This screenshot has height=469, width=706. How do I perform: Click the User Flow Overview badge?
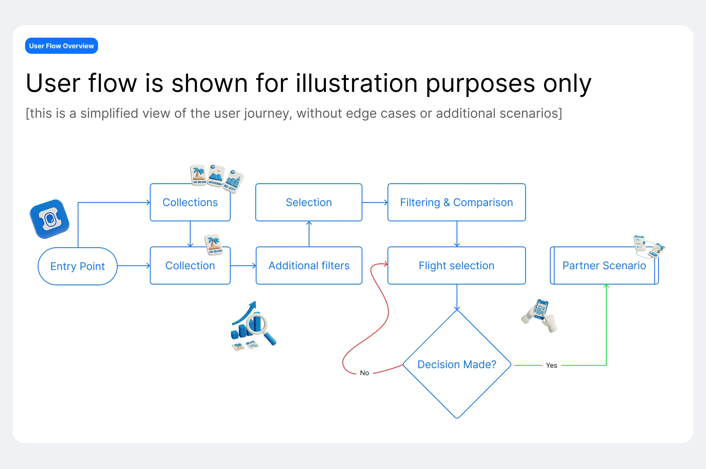[x=62, y=46]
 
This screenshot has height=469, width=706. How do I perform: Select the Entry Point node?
[x=78, y=266]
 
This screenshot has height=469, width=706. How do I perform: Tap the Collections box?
[x=190, y=203]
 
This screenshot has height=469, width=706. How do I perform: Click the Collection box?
[x=190, y=266]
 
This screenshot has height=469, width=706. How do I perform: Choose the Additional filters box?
[x=309, y=266]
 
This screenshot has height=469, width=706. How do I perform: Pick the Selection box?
[x=309, y=203]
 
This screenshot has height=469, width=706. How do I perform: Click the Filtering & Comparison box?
[x=457, y=203]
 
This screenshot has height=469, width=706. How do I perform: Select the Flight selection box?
[x=457, y=266]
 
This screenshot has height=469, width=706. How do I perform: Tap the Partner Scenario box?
[x=604, y=266]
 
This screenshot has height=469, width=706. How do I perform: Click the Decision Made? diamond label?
[x=457, y=365]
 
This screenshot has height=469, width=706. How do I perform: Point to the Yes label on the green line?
[x=551, y=365]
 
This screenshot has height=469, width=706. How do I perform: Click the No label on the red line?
[x=364, y=373]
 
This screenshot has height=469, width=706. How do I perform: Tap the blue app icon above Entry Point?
[x=49, y=219]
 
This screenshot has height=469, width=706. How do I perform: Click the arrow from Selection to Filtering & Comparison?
[x=375, y=203]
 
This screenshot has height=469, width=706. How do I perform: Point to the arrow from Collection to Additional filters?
[x=243, y=266]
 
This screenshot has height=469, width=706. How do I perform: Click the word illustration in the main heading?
[x=357, y=83]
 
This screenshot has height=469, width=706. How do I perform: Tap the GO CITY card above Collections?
[x=233, y=181]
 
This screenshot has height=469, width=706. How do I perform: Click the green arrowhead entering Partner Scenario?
[x=606, y=287]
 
